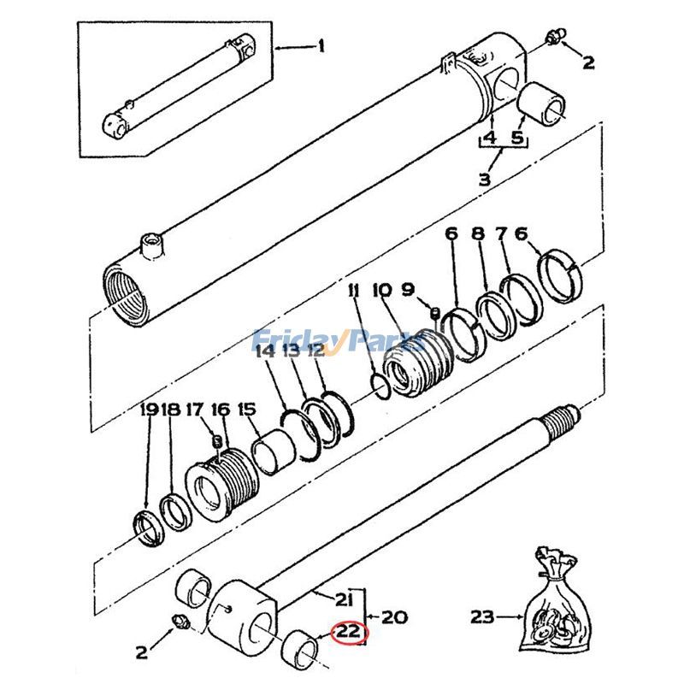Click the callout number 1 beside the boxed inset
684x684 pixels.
tap(321, 46)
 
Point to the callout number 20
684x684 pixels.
tap(395, 616)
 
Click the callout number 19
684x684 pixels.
tap(148, 410)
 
